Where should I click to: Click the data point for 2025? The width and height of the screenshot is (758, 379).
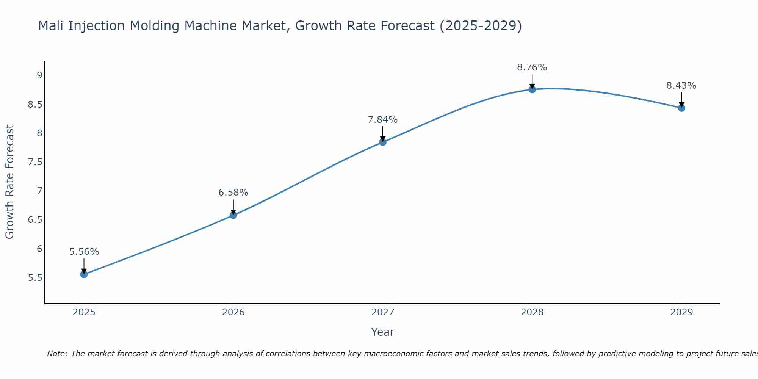pos(84,274)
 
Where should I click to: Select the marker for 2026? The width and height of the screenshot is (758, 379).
pos(233,215)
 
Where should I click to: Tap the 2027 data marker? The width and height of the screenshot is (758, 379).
pos(383,142)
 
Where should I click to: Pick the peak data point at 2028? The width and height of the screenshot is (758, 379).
pos(532,89)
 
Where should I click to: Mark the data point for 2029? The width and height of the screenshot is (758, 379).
pos(681,108)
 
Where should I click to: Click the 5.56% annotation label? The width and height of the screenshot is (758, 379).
pos(84,252)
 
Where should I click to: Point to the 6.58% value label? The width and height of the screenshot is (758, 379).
pos(233,193)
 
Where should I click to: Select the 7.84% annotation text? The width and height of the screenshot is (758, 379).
pos(383,120)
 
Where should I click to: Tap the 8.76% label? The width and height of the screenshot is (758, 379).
pos(532,67)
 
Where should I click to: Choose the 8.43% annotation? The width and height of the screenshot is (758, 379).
pos(681,86)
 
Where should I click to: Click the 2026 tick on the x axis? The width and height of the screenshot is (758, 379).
pos(233,312)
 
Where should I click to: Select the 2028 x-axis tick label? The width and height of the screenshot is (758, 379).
pos(532,312)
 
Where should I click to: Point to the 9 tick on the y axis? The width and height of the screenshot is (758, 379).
pos(39,75)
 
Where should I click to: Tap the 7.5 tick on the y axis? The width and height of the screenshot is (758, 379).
pos(35,162)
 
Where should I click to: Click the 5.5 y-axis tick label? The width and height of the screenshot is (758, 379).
pos(35,278)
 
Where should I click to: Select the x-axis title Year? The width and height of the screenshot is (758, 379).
pos(383,332)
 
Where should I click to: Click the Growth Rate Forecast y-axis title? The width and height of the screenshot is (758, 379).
pos(9,182)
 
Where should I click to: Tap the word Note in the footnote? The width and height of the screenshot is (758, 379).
pos(57,354)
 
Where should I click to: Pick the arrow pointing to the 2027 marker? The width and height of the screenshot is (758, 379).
pos(383,134)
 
